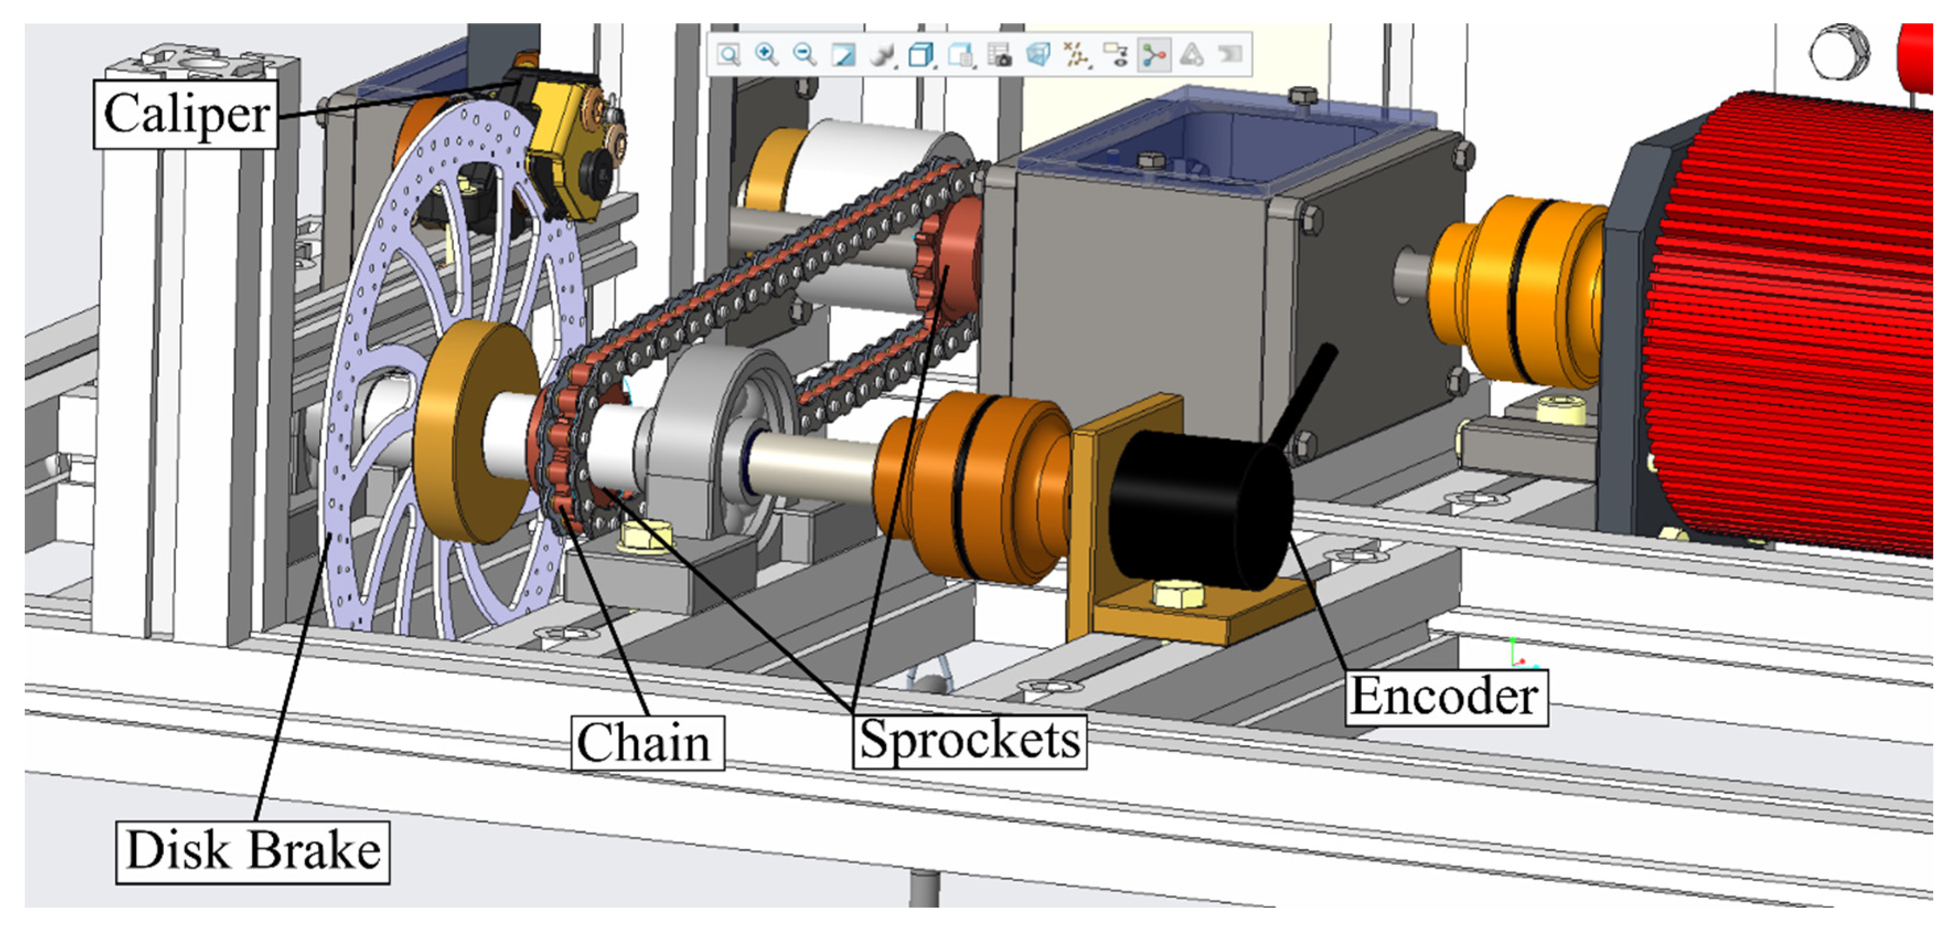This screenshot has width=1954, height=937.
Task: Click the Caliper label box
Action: (186, 114)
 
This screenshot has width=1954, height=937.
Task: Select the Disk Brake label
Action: (253, 852)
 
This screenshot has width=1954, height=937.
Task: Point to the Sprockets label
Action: (969, 741)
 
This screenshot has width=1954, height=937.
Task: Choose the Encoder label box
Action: (1446, 697)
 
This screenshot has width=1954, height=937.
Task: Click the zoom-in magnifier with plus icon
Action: (766, 55)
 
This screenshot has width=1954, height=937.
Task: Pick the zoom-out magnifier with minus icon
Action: (804, 55)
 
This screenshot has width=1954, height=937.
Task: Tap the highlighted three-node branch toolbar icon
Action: (1154, 55)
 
